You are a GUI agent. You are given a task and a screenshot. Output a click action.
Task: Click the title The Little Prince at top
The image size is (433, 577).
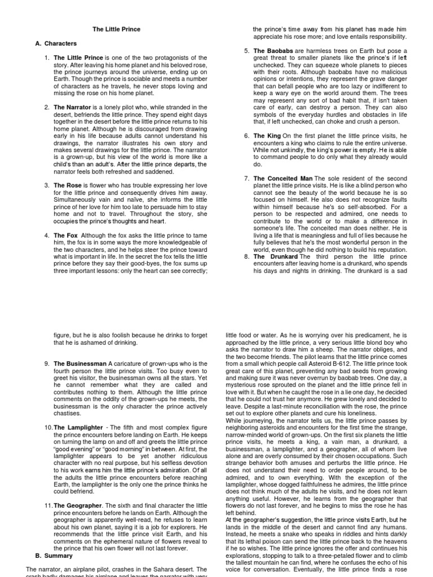[117, 29]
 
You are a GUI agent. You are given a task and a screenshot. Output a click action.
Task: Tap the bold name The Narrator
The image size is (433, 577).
[72, 107]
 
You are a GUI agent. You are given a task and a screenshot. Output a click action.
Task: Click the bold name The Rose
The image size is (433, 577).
[67, 185]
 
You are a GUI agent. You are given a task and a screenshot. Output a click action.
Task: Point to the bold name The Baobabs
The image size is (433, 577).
[273, 51]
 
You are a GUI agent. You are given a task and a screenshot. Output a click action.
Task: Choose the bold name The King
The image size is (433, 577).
[266, 136]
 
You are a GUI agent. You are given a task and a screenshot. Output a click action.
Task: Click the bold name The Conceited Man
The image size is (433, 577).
[282, 179]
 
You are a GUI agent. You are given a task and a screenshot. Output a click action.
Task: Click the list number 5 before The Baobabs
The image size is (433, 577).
[247, 51]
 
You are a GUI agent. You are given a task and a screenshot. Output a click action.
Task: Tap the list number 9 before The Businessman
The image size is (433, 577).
[46, 364]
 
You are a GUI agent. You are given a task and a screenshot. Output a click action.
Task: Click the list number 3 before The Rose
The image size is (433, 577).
[46, 185]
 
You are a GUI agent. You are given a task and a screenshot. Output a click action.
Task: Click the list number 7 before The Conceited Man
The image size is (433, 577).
[247, 179]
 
